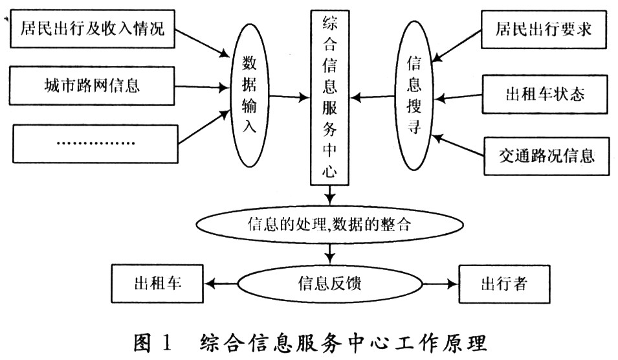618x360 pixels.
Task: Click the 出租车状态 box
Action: point(544,95)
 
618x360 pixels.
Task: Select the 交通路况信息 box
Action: point(547,156)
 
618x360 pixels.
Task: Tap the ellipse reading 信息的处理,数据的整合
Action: point(329,225)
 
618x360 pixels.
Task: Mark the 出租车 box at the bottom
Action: point(157,282)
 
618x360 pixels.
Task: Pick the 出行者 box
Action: point(503,283)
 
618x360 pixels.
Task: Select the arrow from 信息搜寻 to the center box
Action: point(373,98)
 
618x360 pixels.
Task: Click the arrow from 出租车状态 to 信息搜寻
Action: point(460,97)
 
